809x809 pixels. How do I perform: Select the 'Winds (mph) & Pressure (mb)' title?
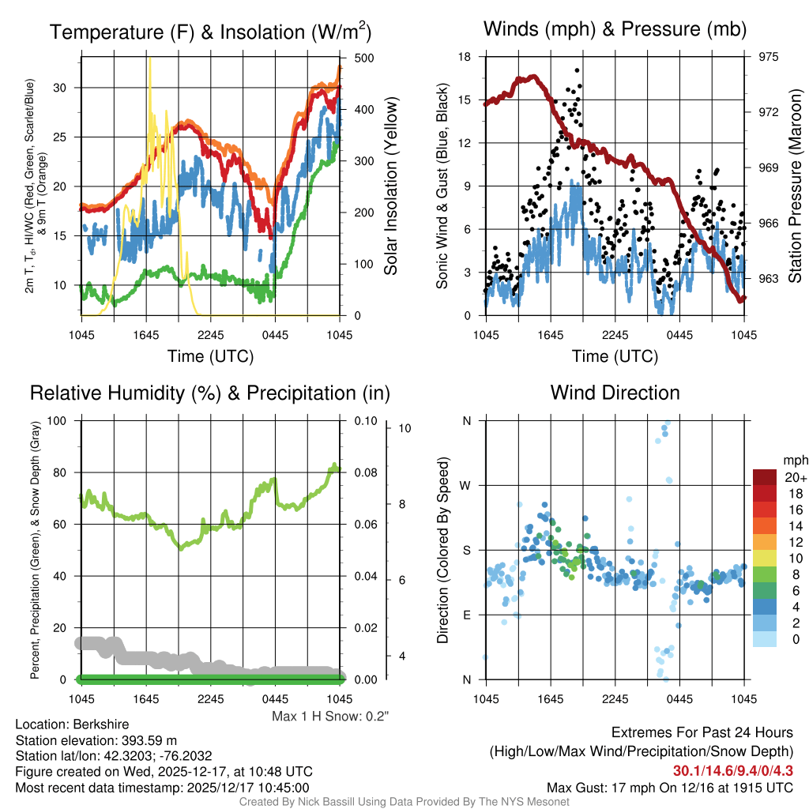615,29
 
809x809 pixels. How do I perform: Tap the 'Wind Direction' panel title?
615,393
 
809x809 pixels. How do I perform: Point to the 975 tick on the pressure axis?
769,57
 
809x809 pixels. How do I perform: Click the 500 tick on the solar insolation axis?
364,58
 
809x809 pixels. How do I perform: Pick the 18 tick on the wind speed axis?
465,57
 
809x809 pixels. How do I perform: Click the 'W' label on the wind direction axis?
466,485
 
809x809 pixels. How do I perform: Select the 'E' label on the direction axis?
466,615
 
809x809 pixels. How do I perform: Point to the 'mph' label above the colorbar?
793,460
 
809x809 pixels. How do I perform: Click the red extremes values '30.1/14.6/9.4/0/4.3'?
732,770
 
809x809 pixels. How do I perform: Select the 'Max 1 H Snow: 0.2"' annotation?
330,716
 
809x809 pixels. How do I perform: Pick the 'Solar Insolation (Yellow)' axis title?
391,186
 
